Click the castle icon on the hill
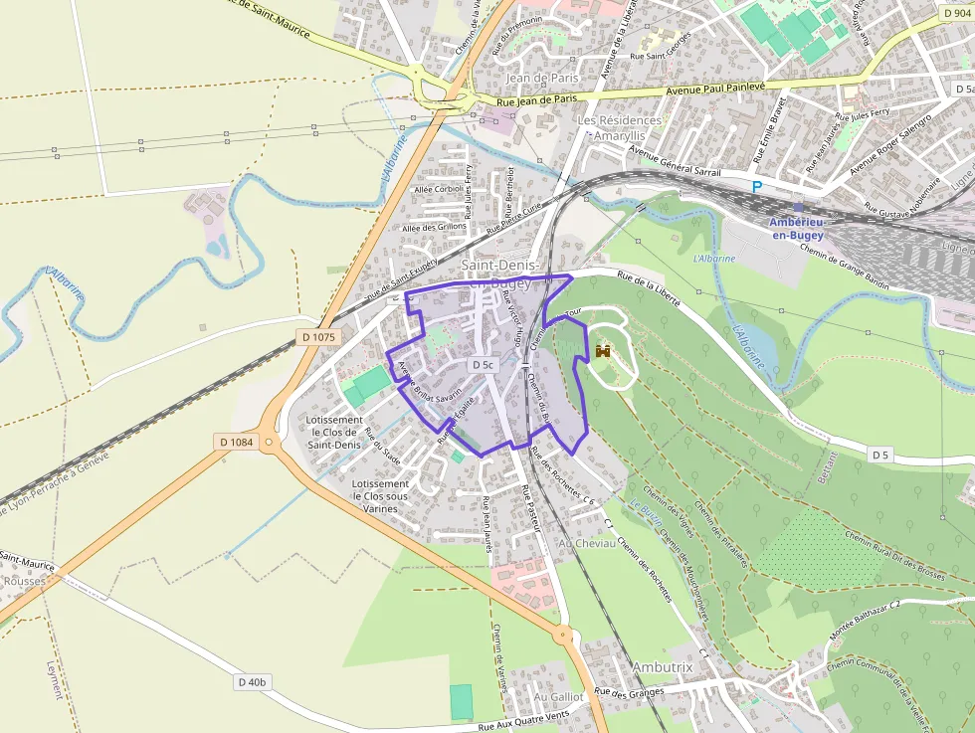(603, 351)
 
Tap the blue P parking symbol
(757, 186)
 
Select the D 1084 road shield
(236, 441)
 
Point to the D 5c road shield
(484, 365)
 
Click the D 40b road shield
(253, 682)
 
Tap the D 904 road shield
(954, 14)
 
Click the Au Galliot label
(558, 697)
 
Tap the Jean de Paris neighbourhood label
(542, 78)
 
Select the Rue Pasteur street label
(530, 508)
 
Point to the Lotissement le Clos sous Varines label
(380, 496)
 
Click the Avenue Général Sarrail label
(674, 163)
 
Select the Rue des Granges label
(629, 691)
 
